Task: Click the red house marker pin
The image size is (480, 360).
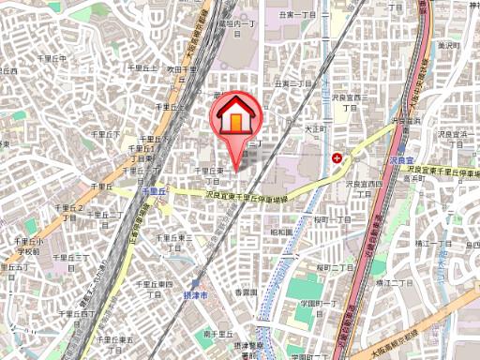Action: click(238, 117)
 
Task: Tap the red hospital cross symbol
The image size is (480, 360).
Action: click(337, 157)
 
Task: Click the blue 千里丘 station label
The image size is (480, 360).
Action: click(153, 190)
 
